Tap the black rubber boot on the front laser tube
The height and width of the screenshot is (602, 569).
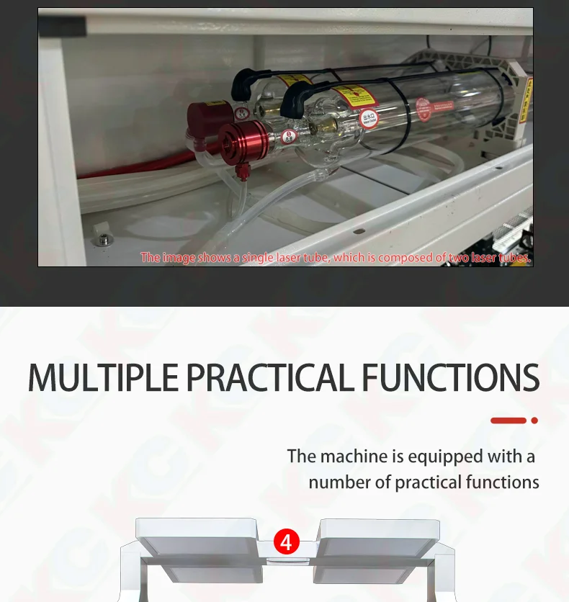(293, 99)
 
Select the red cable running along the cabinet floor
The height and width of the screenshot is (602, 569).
(130, 170)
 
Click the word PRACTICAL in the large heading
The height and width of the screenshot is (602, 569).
(269, 377)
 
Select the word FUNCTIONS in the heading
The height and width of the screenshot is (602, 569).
(450, 377)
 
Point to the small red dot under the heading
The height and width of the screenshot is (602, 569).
(534, 421)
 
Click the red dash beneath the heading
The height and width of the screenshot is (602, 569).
(508, 421)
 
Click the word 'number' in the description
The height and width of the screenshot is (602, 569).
(339, 482)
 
